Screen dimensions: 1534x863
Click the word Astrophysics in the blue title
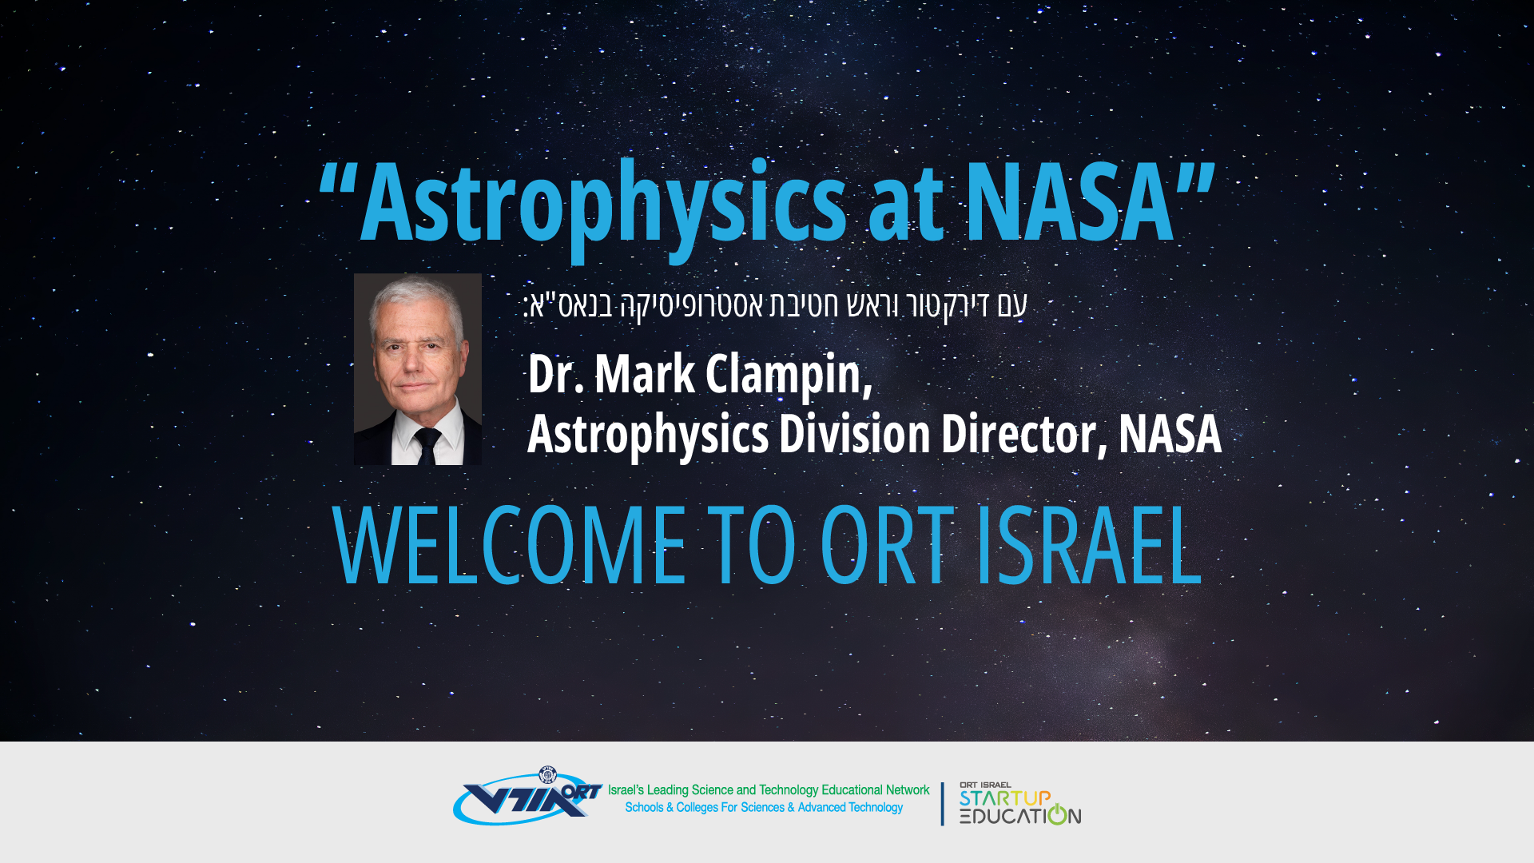603,205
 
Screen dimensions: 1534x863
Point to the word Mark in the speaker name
645,373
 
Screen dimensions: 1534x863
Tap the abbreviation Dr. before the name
556,374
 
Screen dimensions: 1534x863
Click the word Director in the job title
1024,435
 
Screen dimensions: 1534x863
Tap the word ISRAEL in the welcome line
1089,546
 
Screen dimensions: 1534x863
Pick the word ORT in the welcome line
887,546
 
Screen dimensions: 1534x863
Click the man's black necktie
427,446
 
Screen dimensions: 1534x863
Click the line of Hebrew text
775,305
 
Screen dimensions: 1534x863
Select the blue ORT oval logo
527,797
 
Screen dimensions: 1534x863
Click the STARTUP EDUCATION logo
1020,804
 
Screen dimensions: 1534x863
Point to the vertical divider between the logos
943,804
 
